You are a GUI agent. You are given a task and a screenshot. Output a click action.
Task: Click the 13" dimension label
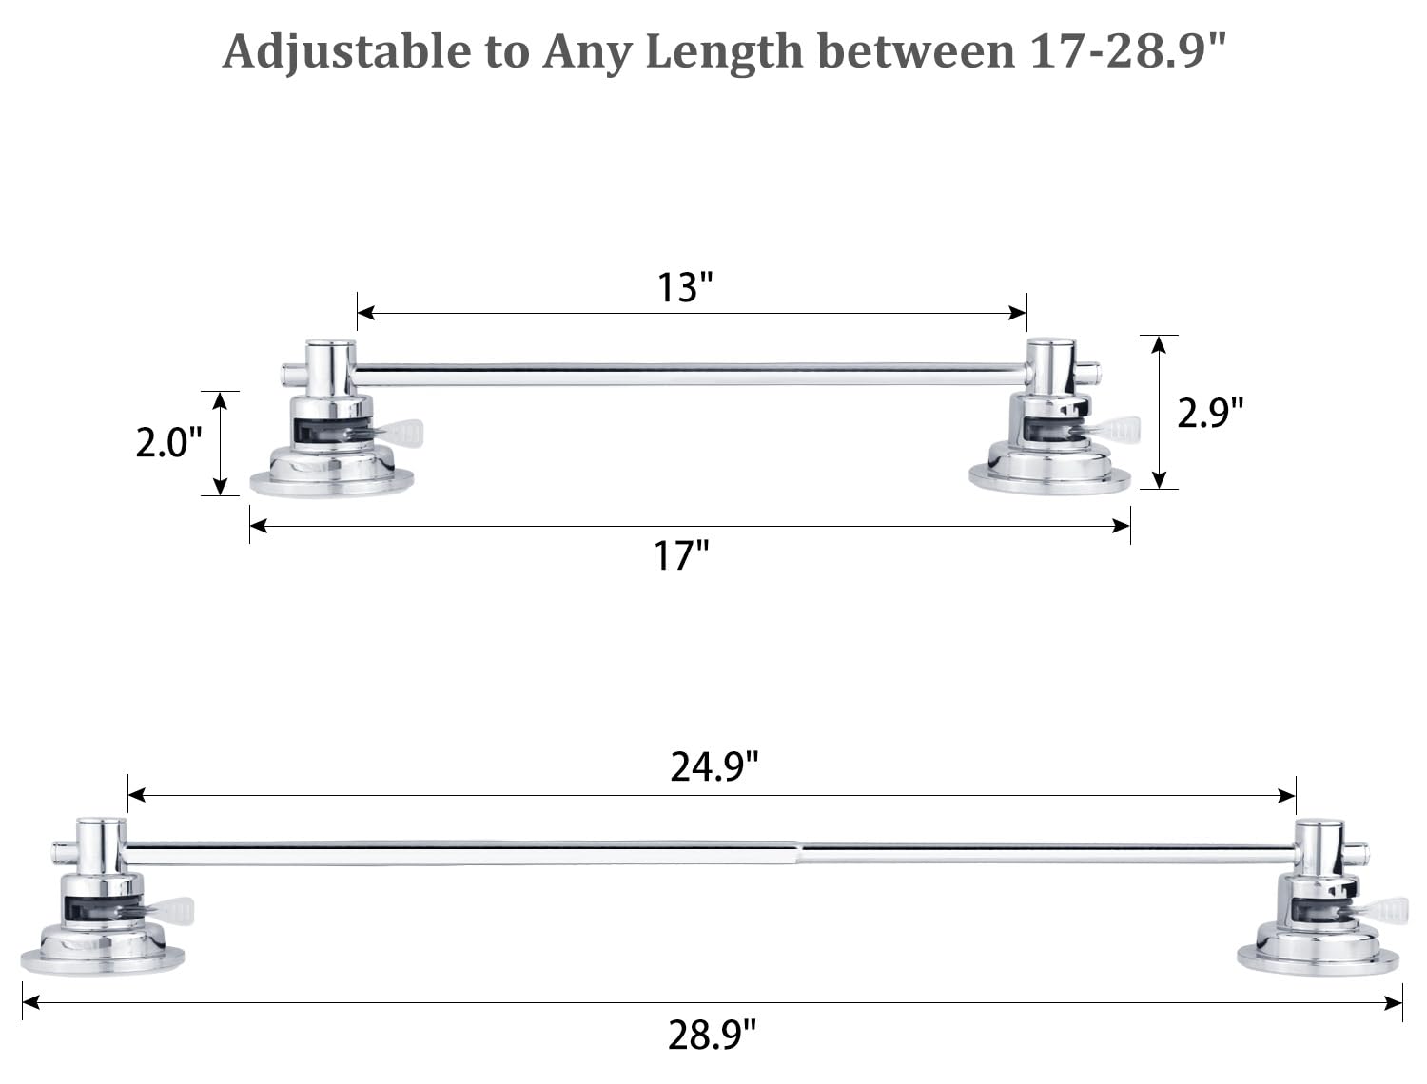pyautogui.click(x=685, y=287)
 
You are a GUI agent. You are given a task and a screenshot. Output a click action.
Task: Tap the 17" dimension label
pyautogui.click(x=681, y=556)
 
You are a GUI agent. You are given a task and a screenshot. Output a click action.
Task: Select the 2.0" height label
pyautogui.click(x=168, y=443)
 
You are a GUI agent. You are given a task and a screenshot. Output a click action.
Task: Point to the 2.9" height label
pyautogui.click(x=1210, y=413)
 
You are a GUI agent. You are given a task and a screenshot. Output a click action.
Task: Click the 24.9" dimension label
pyautogui.click(x=714, y=766)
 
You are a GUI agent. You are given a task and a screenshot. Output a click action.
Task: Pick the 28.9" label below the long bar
pyautogui.click(x=712, y=1035)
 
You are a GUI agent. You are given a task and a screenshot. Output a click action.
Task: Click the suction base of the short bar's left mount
pyautogui.click(x=332, y=480)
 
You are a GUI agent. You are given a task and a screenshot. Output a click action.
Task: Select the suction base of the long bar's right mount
pyautogui.click(x=1318, y=958)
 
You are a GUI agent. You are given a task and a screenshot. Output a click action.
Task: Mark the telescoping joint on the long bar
pyautogui.click(x=797, y=852)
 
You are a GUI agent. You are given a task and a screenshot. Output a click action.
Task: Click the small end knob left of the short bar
pyautogui.click(x=289, y=374)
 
